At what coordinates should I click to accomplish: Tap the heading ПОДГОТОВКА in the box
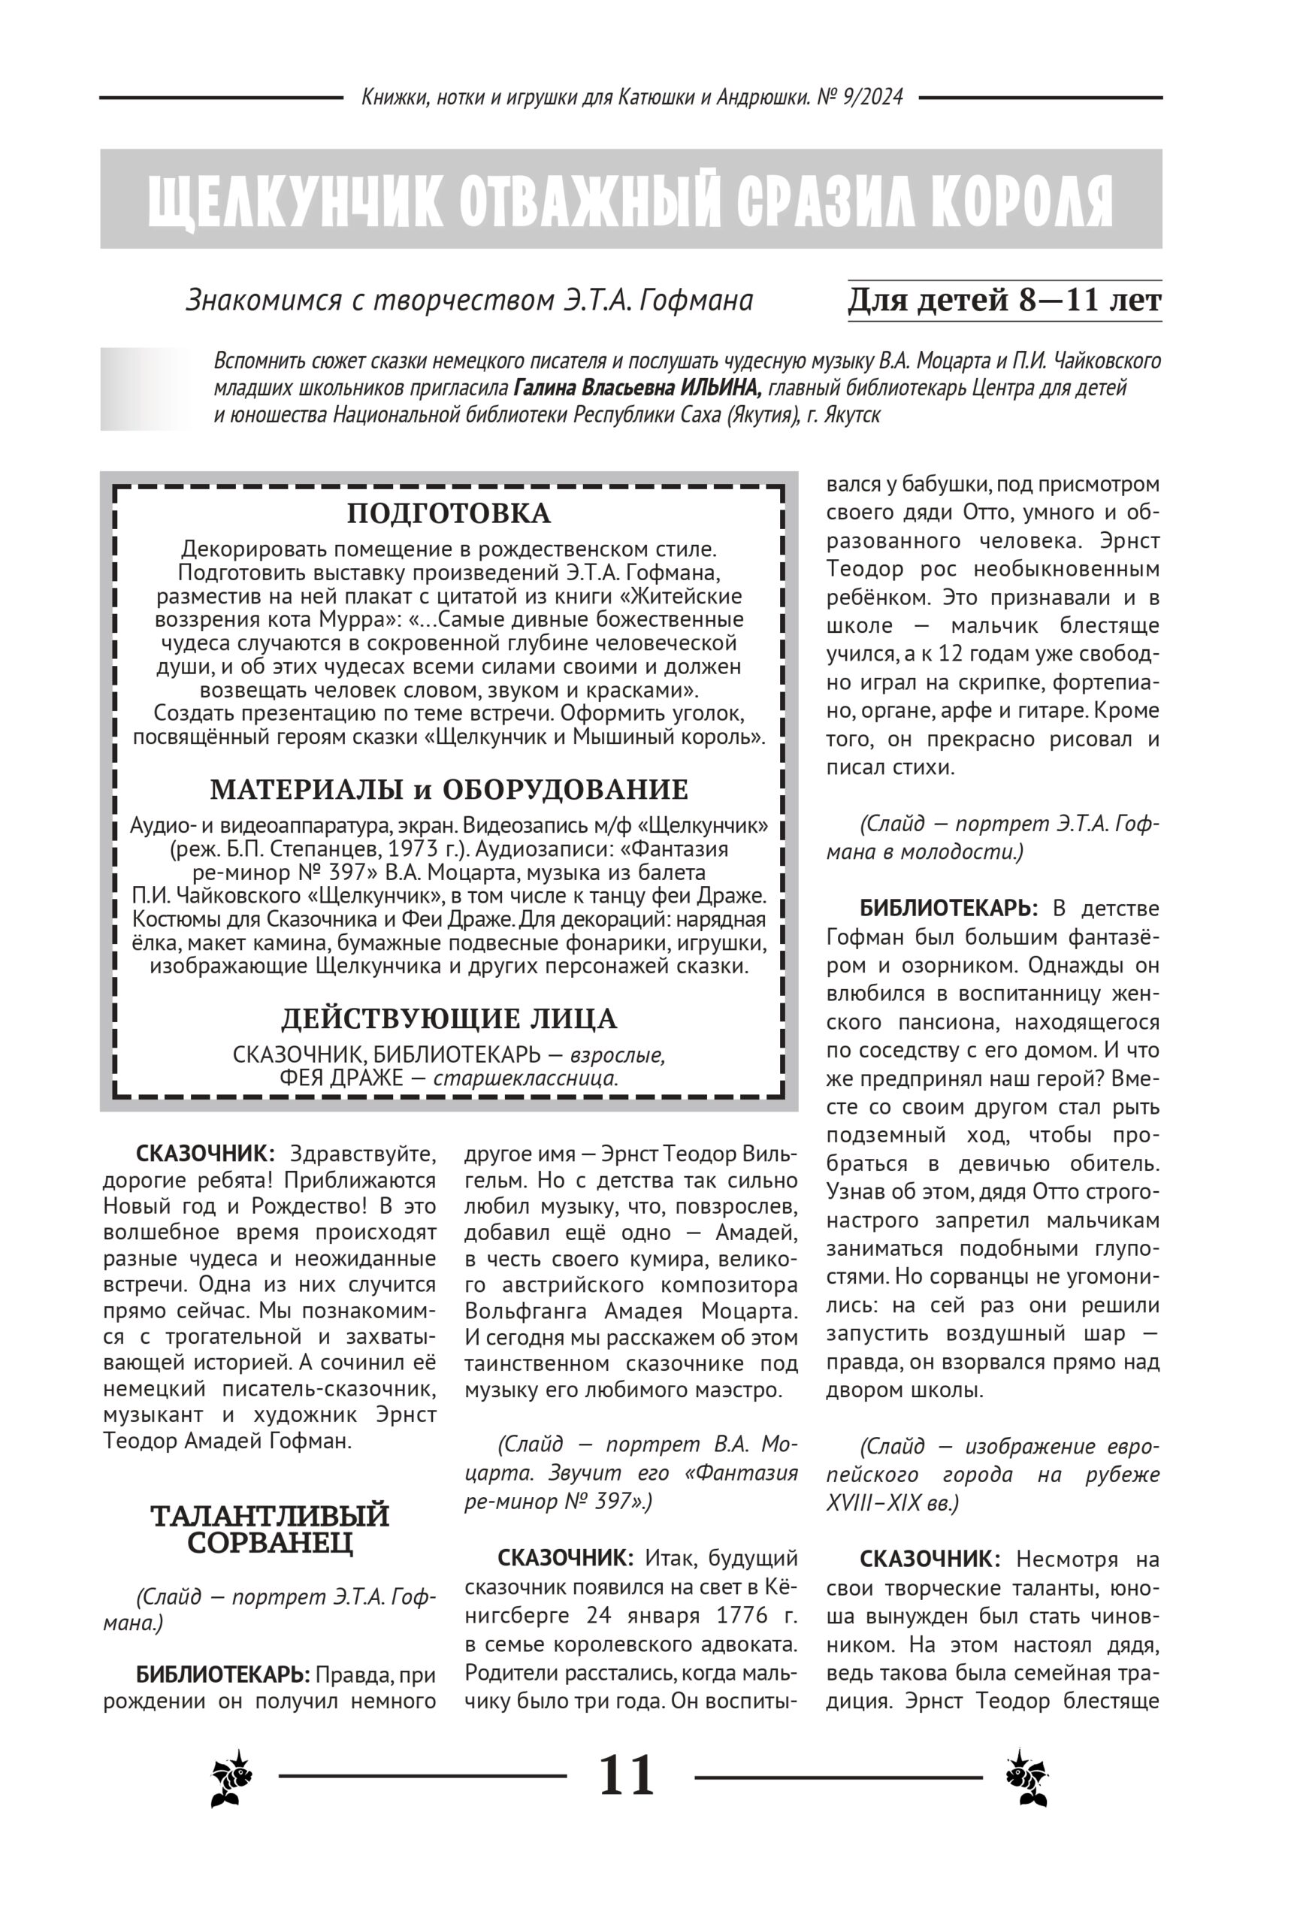click(448, 513)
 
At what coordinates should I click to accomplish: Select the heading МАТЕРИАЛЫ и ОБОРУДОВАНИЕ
click(449, 790)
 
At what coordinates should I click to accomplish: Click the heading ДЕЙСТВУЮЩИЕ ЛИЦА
click(449, 1019)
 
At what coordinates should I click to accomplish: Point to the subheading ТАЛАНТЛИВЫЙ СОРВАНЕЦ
click(270, 1529)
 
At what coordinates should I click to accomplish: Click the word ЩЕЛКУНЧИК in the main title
click(294, 201)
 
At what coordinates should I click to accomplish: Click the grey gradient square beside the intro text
click(145, 389)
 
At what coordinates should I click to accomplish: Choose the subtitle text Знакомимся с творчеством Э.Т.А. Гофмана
click(470, 301)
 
